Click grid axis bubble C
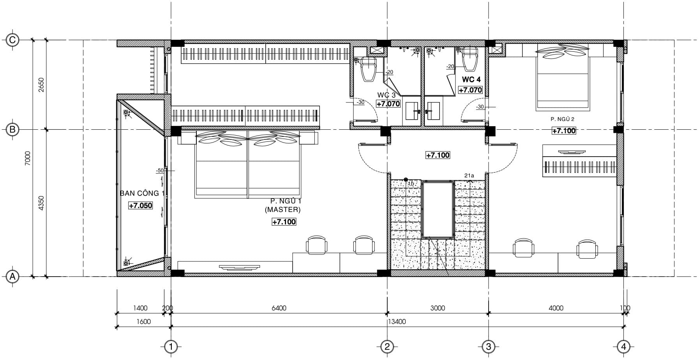point(12,40)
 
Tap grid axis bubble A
point(12,277)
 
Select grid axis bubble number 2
point(387,346)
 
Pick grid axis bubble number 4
point(624,346)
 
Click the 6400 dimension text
point(279,308)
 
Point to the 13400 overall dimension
point(397,322)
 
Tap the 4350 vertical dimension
point(42,203)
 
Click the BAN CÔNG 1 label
point(139,193)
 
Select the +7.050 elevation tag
point(141,206)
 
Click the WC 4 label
point(471,80)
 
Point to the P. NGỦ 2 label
point(562,119)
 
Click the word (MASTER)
point(283,210)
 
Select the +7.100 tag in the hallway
point(438,155)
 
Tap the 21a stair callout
point(469,176)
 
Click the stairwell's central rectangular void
point(438,209)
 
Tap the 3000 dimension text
point(438,308)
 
